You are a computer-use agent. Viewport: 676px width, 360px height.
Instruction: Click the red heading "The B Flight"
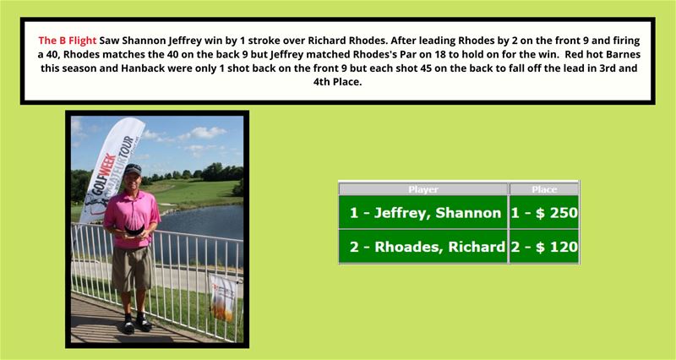(68, 41)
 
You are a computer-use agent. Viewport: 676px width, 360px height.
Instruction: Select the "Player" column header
(423, 189)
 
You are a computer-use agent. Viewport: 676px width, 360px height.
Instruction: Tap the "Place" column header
(544, 189)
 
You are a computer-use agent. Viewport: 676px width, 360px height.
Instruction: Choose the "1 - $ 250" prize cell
(544, 212)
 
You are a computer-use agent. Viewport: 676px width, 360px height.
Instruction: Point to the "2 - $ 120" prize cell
(544, 246)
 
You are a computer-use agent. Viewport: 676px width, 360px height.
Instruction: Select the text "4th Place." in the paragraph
(337, 82)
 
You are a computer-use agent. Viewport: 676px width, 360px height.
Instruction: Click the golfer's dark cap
(133, 168)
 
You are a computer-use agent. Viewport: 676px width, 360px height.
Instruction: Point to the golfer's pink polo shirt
(132, 218)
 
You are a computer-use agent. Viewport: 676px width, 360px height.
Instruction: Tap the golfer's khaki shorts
(133, 268)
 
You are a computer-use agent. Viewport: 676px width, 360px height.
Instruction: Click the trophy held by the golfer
(134, 232)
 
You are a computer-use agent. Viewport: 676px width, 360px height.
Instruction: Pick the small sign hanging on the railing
(223, 297)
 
